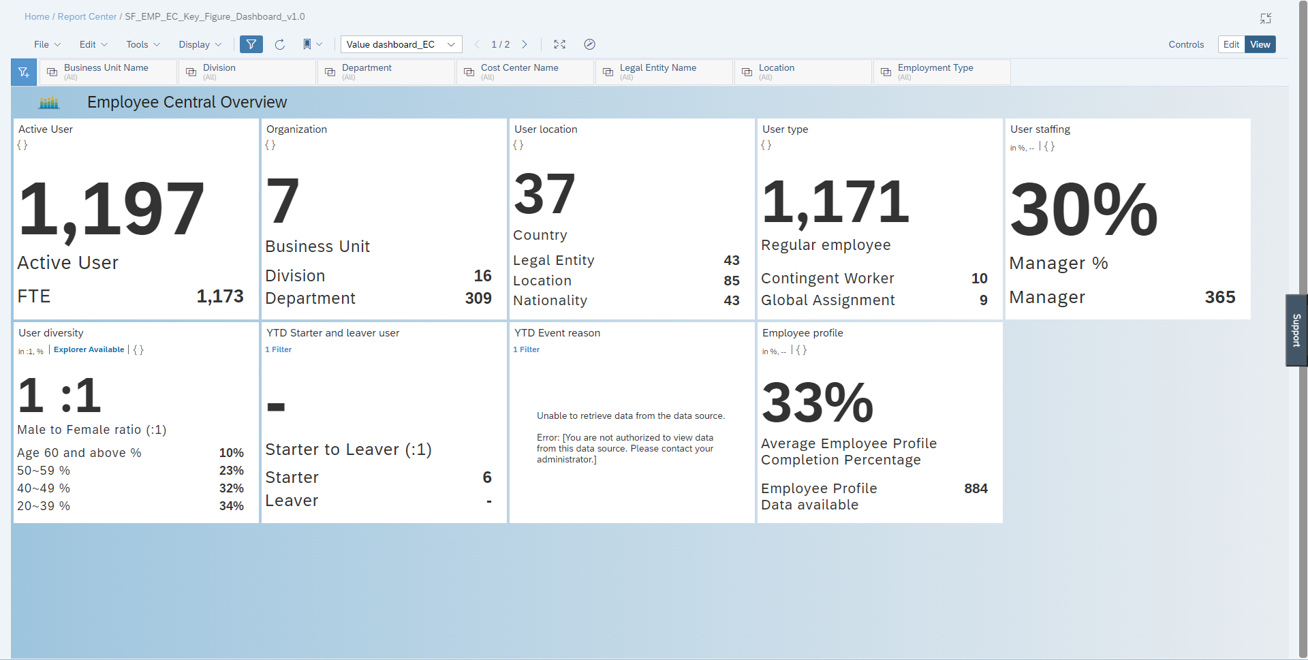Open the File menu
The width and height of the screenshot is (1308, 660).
tap(47, 44)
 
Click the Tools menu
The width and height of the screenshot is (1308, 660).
tap(142, 44)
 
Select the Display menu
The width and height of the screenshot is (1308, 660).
tap(200, 44)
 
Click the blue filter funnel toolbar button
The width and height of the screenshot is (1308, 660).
tap(251, 44)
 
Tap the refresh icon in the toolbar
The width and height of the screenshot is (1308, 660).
tap(279, 44)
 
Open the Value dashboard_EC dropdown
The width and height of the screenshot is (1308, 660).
tap(401, 44)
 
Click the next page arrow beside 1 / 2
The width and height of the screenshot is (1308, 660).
tap(525, 44)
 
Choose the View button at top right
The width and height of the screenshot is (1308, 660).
tap(1260, 44)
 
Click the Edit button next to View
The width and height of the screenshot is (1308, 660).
tap(1230, 44)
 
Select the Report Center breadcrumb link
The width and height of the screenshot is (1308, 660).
tap(87, 16)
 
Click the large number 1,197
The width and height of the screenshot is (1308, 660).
tap(111, 209)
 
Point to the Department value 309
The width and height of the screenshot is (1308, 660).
tap(478, 298)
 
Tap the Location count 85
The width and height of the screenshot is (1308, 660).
tap(731, 281)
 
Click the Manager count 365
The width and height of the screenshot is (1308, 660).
tap(1219, 297)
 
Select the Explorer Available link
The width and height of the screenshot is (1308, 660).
tap(89, 349)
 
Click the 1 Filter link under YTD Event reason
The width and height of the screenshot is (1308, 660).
tap(526, 349)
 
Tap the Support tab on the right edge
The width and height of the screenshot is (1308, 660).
tap(1296, 330)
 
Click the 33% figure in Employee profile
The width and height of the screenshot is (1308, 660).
tap(817, 403)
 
